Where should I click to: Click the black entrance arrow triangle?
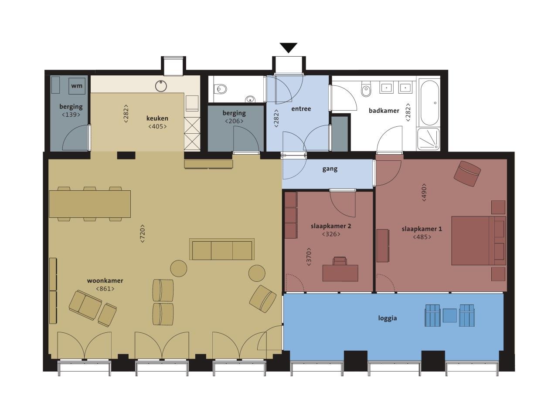point(288,47)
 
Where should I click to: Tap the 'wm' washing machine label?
point(77,86)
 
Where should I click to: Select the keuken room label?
point(157,118)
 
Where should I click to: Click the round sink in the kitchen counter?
point(161,86)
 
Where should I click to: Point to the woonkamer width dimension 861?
point(105,289)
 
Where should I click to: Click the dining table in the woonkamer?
point(90,204)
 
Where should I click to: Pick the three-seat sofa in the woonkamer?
point(222,249)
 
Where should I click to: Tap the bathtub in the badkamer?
point(429,103)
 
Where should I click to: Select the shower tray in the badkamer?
point(428,139)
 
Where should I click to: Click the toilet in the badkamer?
point(366,89)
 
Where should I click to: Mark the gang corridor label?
point(330,169)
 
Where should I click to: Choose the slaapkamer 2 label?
point(331,226)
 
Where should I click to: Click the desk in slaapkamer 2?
point(340,273)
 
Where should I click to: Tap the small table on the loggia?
point(450,315)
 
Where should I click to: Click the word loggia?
point(388,318)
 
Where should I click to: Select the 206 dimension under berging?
point(234,121)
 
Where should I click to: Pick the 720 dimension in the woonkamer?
point(143,233)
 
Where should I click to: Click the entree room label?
point(301,109)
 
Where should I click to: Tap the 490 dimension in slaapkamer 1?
point(424,193)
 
